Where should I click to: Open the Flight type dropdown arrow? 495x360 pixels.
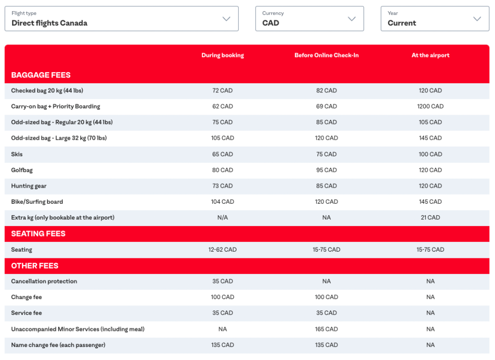226,19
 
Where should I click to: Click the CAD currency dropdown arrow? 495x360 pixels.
351,19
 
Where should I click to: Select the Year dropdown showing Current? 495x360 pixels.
435,19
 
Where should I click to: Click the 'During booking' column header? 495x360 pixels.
222,55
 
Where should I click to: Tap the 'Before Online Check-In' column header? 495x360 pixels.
326,55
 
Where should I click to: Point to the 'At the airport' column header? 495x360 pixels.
430,55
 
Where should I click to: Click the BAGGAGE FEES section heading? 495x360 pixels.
41,75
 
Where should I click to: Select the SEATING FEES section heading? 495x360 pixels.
38,234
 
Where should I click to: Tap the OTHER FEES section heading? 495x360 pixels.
35,266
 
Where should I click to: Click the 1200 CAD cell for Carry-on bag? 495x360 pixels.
430,106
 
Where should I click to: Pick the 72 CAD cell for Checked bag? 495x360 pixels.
222,90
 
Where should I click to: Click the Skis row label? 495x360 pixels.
17,154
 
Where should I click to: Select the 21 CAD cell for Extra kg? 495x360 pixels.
430,218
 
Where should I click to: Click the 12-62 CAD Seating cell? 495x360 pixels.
222,250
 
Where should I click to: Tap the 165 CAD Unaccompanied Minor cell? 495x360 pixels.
326,329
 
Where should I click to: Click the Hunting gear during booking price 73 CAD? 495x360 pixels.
222,186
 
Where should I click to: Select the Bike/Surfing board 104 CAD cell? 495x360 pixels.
222,202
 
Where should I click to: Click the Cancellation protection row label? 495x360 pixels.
44,281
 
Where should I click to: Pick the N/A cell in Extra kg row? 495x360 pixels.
222,218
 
